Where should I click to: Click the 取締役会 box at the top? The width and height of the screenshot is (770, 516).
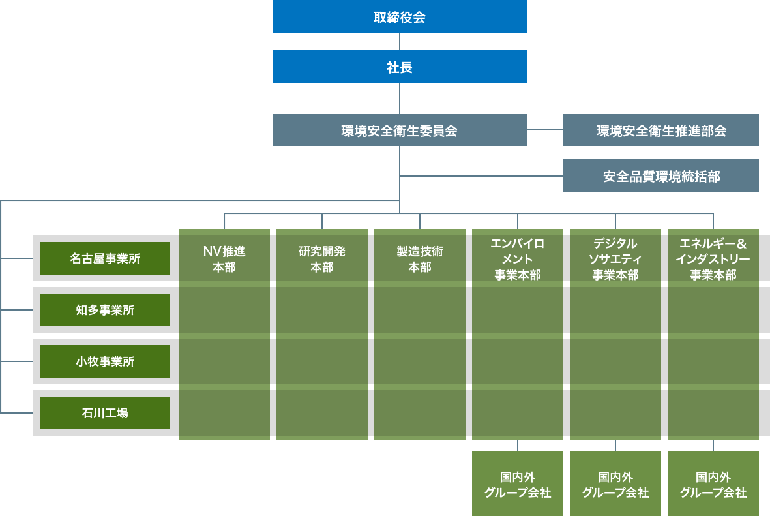coord(399,17)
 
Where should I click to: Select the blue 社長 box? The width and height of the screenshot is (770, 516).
coord(399,67)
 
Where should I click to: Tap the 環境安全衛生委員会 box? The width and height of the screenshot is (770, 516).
coord(399,130)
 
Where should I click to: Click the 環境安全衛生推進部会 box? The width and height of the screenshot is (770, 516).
coord(660,130)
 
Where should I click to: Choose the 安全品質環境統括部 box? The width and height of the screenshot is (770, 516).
coord(660,176)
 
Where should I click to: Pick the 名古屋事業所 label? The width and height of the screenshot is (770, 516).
coord(105,259)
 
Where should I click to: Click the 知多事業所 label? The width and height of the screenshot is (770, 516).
coord(105,310)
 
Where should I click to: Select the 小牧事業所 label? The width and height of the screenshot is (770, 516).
coord(105,361)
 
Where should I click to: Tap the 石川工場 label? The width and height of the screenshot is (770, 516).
coord(105,413)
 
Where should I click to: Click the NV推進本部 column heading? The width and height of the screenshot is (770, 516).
coord(224,259)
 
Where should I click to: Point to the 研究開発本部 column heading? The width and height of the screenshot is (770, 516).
coord(322,259)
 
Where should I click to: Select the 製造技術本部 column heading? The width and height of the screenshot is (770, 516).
coord(420,259)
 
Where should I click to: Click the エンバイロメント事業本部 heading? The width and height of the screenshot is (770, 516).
coord(518,259)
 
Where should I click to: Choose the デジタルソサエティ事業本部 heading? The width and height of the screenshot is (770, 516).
coord(615,259)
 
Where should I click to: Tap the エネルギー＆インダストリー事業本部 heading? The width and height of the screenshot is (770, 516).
coord(713,259)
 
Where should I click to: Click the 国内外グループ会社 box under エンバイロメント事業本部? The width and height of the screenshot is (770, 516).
coord(518,484)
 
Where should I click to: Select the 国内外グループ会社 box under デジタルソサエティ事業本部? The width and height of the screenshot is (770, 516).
coord(615,484)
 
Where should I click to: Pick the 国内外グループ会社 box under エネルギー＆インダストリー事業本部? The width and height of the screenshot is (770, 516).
coord(713,484)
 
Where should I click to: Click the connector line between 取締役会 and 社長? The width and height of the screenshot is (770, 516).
coord(400,41)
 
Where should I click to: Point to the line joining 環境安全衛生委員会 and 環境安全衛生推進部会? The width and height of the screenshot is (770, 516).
coord(544,130)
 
